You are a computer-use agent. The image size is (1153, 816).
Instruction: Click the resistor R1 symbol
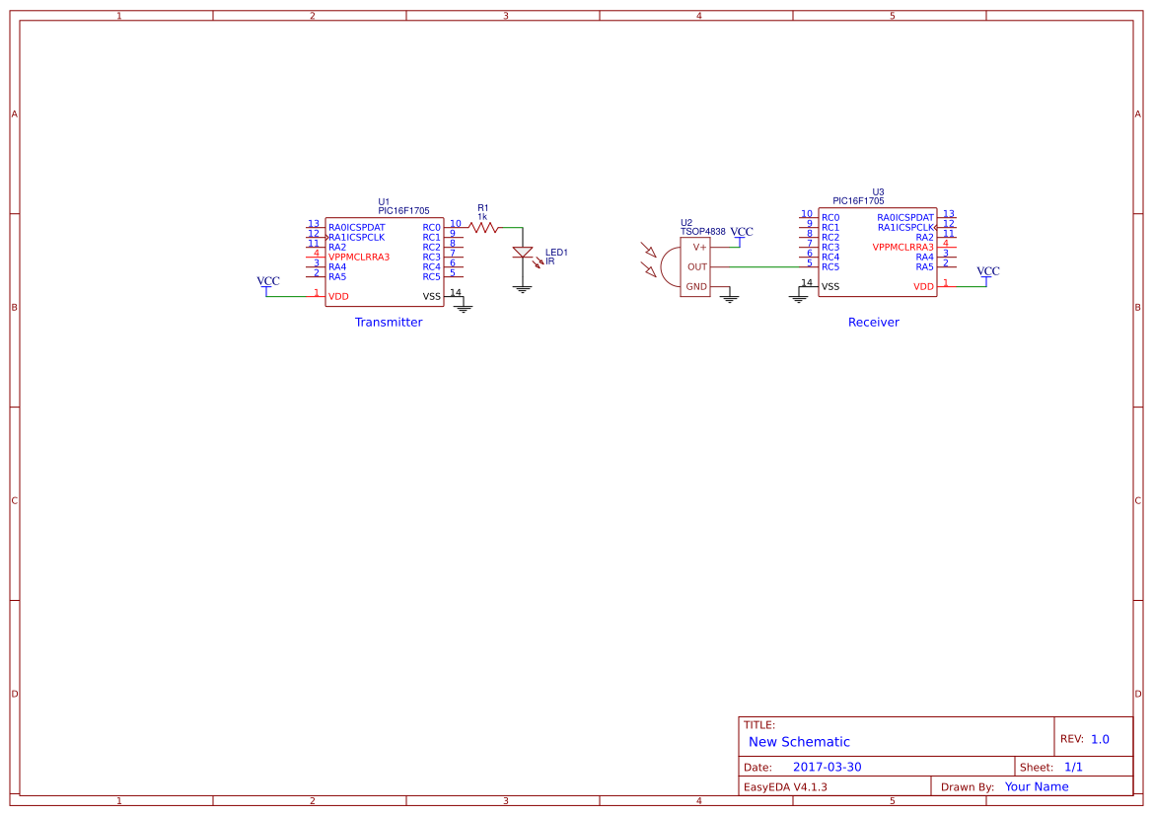click(483, 227)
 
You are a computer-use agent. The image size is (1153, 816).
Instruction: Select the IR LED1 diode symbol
click(523, 254)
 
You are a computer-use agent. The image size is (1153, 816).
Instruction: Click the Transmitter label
click(389, 323)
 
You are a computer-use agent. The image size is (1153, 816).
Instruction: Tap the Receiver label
click(873, 323)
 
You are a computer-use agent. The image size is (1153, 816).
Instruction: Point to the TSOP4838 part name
click(702, 232)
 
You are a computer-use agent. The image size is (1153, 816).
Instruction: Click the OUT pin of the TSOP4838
click(697, 266)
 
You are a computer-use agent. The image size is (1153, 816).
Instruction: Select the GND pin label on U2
click(696, 287)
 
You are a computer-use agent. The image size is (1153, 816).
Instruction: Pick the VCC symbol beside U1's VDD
click(267, 283)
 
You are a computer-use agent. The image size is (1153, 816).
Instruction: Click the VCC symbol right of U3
click(987, 273)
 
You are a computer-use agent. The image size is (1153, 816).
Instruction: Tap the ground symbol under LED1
click(523, 288)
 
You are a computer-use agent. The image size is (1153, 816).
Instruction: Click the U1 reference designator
click(384, 201)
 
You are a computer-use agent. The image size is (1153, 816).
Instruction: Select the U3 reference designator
click(878, 192)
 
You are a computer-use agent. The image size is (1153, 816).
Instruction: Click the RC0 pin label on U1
click(431, 228)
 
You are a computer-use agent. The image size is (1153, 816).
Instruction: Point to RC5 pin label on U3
click(830, 267)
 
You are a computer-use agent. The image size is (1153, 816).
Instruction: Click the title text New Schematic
click(799, 742)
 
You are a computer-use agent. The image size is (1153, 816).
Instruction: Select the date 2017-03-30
click(827, 768)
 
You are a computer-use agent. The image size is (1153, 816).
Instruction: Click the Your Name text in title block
click(1036, 787)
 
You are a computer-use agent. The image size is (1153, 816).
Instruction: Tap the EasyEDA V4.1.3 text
click(785, 787)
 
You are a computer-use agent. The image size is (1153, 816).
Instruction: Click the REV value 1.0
click(1100, 739)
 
